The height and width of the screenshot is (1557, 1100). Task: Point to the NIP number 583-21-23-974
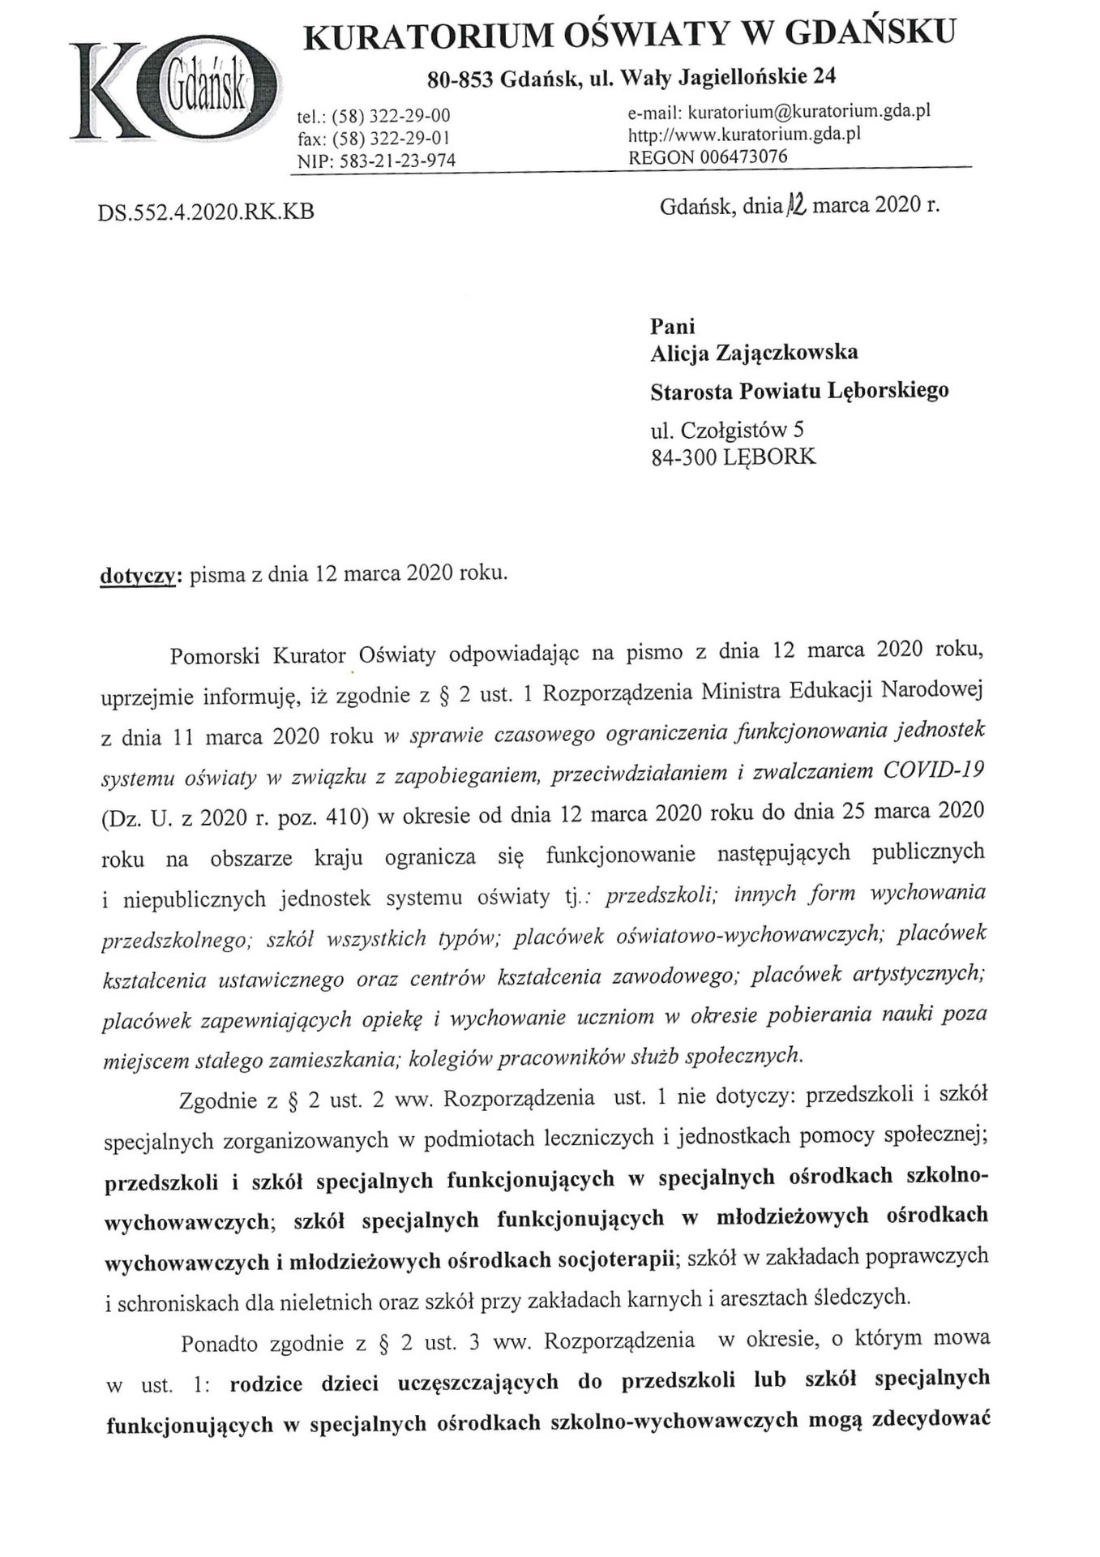point(397,161)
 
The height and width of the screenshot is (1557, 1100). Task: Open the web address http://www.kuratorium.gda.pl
point(744,134)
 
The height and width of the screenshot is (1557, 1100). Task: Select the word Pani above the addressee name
point(673,326)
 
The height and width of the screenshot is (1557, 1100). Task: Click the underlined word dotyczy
point(137,575)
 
